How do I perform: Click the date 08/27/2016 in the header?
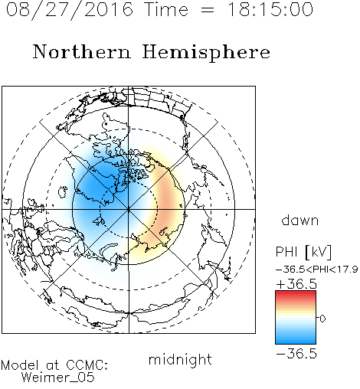(x=70, y=10)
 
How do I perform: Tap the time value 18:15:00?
(x=270, y=10)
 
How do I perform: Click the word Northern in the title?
(x=82, y=52)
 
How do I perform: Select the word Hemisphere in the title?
(x=206, y=53)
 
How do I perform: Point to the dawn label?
(x=300, y=221)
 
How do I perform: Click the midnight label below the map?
(x=180, y=359)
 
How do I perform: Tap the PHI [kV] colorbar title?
(x=303, y=252)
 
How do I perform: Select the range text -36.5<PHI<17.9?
(x=317, y=270)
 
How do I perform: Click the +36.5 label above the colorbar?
(x=296, y=284)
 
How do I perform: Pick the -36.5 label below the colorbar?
(x=296, y=354)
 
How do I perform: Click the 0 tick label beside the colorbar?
(x=322, y=319)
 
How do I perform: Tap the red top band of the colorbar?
(x=296, y=293)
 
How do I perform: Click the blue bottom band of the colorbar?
(x=296, y=342)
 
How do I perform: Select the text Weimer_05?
(x=58, y=378)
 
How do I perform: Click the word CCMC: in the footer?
(x=87, y=365)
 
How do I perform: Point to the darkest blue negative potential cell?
(x=98, y=186)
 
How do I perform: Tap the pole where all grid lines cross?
(x=129, y=209)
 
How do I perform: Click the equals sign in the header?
(x=208, y=10)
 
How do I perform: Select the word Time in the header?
(x=166, y=10)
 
